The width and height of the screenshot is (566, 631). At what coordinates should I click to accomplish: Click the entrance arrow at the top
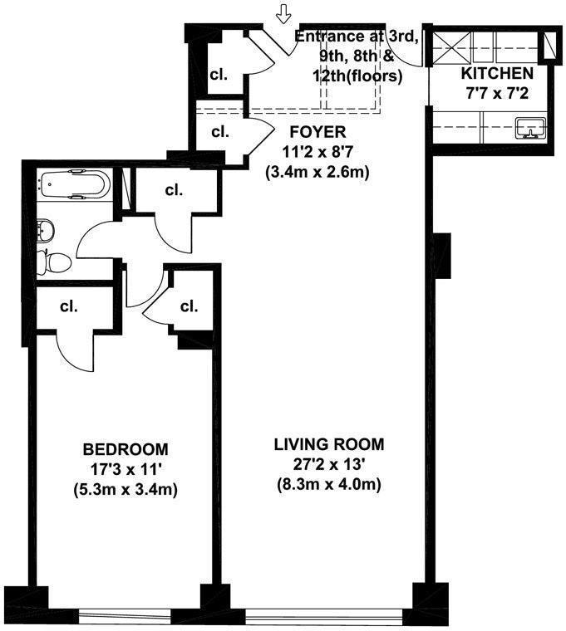(284, 14)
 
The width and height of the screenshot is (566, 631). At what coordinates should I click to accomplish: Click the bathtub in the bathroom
(73, 183)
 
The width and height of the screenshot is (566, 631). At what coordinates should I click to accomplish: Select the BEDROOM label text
(126, 449)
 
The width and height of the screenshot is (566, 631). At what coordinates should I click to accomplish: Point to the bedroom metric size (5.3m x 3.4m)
(126, 489)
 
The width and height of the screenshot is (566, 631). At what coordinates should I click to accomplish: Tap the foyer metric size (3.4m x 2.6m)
(317, 173)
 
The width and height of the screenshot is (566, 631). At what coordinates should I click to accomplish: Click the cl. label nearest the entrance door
(219, 75)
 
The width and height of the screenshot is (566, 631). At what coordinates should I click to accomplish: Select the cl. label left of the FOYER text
(220, 131)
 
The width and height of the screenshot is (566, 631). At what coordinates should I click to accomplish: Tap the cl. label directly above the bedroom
(68, 306)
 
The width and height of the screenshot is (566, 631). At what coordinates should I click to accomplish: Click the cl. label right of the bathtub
(173, 190)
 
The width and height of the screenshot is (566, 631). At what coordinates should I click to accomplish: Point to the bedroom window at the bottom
(140, 615)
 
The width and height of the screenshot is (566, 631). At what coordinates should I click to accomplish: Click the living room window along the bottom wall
(329, 615)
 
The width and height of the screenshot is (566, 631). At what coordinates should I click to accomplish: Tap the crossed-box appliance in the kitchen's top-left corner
(455, 43)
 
